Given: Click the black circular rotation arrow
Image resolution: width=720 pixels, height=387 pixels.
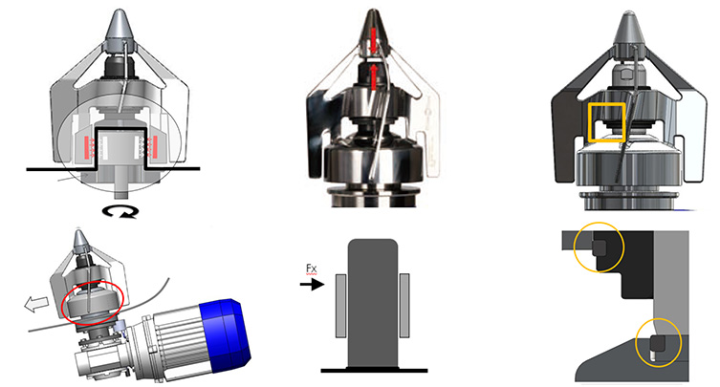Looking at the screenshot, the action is point(120,211).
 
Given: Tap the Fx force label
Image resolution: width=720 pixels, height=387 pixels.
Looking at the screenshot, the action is point(312,269).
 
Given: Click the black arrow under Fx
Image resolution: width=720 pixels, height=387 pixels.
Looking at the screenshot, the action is point(313,285).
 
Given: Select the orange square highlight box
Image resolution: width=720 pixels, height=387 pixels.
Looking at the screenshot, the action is point(606,104).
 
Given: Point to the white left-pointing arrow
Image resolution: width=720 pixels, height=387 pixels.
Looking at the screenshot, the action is point(36,304).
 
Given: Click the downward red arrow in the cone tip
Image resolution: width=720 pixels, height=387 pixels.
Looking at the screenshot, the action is point(373,40).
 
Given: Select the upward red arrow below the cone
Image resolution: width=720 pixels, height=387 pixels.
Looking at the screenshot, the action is point(374,76).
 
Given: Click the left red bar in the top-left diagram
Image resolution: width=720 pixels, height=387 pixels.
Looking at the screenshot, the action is point(86,147).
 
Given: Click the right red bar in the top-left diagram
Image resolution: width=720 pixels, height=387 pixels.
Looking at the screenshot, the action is point(154,147).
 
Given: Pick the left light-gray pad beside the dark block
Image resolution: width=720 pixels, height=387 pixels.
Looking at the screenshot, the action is point(340,305).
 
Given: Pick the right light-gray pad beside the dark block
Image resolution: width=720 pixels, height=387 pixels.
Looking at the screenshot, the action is point(404,305).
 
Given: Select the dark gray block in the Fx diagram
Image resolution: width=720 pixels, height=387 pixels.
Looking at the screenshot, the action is point(372,303).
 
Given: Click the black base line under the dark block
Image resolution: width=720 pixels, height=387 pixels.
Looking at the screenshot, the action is point(374,370).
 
